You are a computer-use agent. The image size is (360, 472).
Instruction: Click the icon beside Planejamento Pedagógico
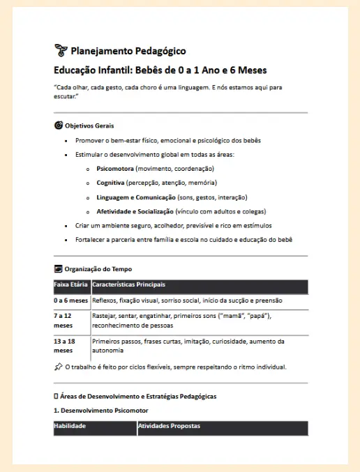click(61, 50)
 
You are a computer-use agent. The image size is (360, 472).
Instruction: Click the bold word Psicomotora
click(115, 169)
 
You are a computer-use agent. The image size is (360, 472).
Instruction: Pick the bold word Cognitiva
click(111, 183)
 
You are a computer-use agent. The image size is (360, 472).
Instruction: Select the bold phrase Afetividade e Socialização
click(135, 211)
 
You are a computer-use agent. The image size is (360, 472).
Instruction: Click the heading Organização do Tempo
click(98, 268)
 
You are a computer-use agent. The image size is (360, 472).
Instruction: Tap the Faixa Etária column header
click(71, 284)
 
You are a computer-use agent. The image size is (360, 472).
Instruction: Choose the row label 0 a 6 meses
click(71, 300)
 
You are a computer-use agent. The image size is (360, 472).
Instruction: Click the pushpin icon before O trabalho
click(58, 367)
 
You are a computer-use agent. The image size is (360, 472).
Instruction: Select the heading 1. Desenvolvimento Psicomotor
click(101, 411)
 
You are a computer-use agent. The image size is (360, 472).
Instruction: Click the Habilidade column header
click(70, 426)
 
